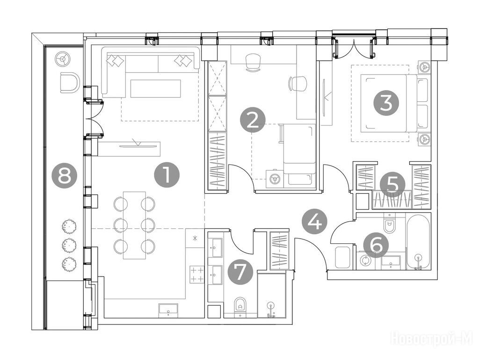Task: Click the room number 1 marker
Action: click(x=167, y=175)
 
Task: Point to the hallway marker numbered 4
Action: click(x=314, y=222)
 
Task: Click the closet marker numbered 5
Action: click(x=393, y=185)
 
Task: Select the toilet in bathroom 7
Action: click(x=241, y=307)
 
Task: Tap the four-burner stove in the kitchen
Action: click(x=197, y=274)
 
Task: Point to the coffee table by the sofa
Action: click(x=155, y=89)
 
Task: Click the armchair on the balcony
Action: click(x=70, y=82)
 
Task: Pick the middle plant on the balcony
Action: click(x=69, y=245)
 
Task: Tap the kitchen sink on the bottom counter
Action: click(x=168, y=309)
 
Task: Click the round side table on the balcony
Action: click(x=63, y=59)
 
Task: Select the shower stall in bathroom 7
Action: click(x=272, y=295)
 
